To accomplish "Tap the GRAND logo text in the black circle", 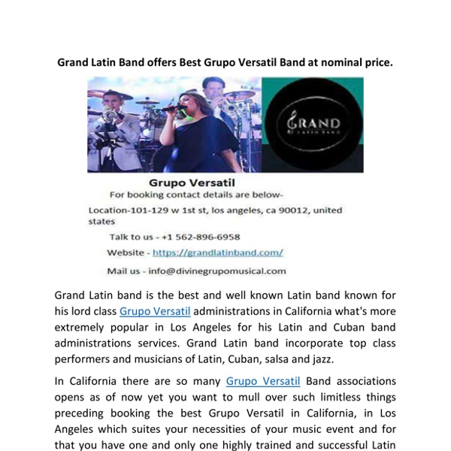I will click(x=313, y=123).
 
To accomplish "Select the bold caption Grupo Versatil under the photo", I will click(x=192, y=182).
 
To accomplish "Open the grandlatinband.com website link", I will click(x=217, y=253).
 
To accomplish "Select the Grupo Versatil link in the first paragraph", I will click(x=155, y=311).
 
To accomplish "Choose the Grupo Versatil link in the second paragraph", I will click(x=262, y=381).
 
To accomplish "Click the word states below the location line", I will click(x=101, y=222).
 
